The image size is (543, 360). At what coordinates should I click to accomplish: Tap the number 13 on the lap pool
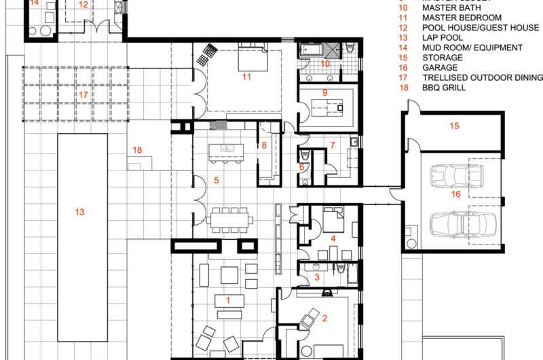[x=79, y=213]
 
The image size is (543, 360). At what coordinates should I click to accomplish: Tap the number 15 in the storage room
[x=454, y=126]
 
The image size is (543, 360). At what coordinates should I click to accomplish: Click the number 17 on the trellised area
[x=83, y=94]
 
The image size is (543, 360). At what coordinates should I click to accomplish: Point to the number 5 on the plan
[x=217, y=180]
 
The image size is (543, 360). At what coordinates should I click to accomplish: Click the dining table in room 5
[x=231, y=219]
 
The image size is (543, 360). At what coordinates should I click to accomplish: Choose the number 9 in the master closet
[x=325, y=92]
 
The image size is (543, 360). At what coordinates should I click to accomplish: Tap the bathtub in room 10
[x=313, y=51]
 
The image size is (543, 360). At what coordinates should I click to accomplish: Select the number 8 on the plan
[x=265, y=145]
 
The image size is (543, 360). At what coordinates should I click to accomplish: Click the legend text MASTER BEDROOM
[x=462, y=17]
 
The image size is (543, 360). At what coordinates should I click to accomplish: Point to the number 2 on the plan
[x=324, y=318]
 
